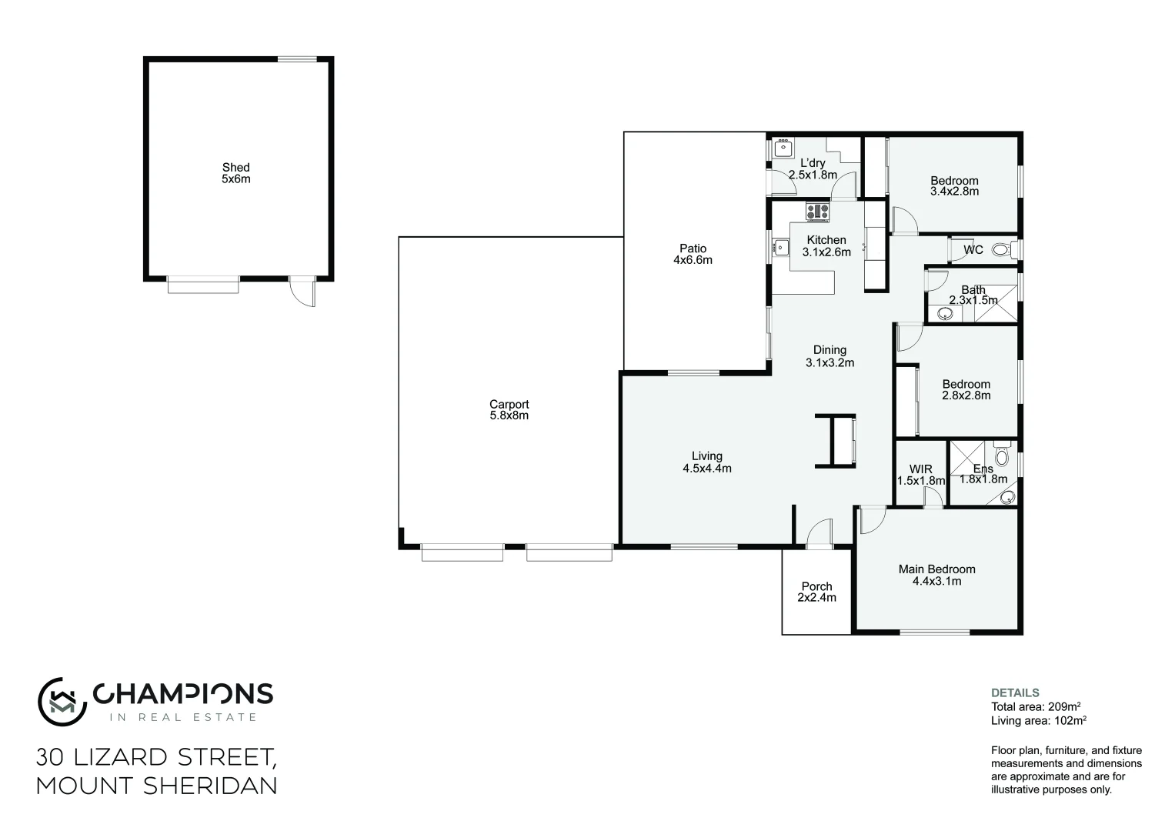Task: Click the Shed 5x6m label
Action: [x=236, y=173]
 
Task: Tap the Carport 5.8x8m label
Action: [x=509, y=409]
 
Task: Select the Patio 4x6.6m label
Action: [x=693, y=254]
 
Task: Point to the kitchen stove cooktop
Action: [x=817, y=210]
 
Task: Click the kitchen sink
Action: [x=780, y=247]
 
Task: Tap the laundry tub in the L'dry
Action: [x=783, y=148]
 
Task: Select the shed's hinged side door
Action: [x=302, y=293]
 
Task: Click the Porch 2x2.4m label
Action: [x=816, y=592]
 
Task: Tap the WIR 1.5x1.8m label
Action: [x=920, y=475]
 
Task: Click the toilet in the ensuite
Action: [x=1001, y=448]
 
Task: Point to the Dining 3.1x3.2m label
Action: [x=830, y=356]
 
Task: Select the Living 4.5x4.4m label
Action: [x=706, y=462]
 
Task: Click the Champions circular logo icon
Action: [x=61, y=700]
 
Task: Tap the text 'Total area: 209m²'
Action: [x=1037, y=706]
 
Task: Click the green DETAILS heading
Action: [x=1015, y=692]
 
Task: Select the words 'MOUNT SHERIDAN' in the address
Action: [x=156, y=786]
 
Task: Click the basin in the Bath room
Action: [x=943, y=312]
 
